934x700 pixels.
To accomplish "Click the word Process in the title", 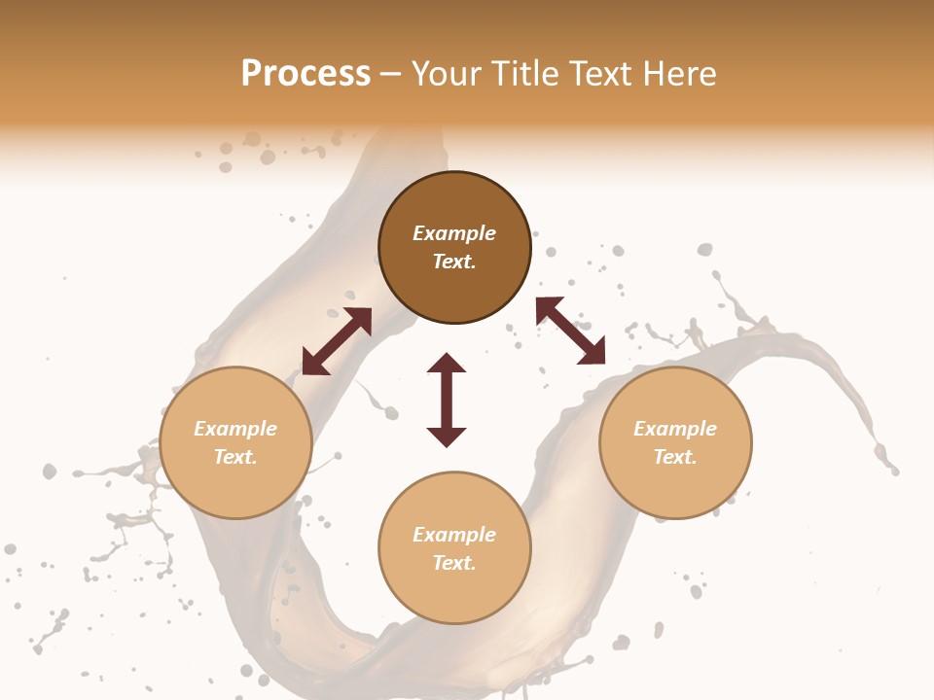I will click(x=305, y=74).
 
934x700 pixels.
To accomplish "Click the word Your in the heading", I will click(x=448, y=74).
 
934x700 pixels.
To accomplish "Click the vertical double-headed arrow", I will click(x=447, y=401).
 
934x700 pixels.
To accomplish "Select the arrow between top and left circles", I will click(x=337, y=341).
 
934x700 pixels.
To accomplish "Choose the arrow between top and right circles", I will click(x=570, y=331).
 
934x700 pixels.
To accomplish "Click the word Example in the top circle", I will click(x=454, y=233).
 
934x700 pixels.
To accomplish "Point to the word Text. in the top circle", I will click(x=454, y=262).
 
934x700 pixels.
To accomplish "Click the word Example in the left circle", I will click(x=235, y=429).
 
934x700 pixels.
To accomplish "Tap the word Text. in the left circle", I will click(x=235, y=457).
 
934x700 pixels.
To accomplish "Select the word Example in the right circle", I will click(x=675, y=429).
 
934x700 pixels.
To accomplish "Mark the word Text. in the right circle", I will click(x=675, y=457).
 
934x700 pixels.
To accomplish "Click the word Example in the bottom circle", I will click(x=454, y=535).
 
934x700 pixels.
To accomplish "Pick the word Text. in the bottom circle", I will click(x=454, y=563).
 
